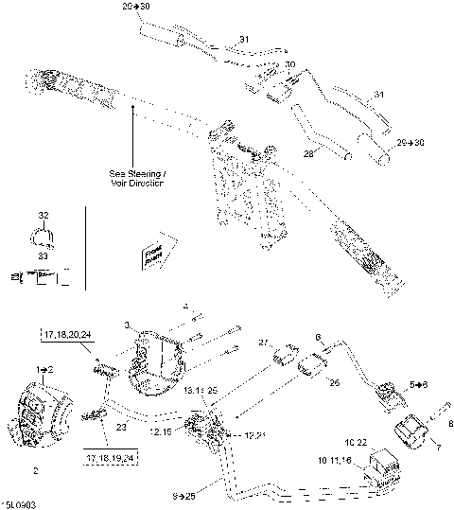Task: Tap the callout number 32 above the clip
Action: (44, 216)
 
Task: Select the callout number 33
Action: (44, 255)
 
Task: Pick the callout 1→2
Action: (44, 365)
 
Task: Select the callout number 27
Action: (265, 342)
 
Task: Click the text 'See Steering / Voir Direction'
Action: (136, 179)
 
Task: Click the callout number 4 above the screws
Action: (185, 306)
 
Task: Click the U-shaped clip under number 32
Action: (44, 237)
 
